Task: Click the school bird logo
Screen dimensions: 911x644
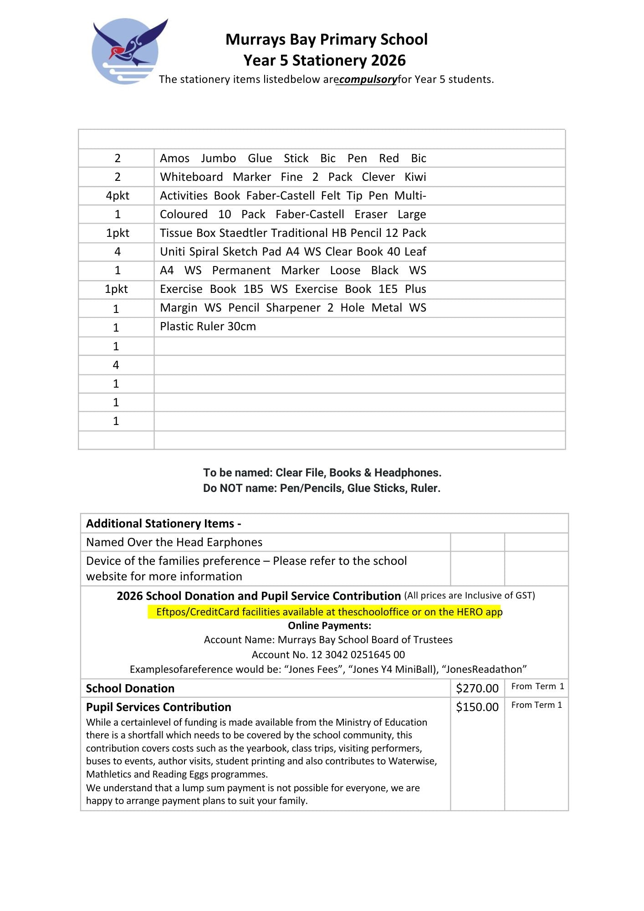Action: click(x=127, y=51)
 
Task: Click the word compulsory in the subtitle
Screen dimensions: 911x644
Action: click(x=368, y=80)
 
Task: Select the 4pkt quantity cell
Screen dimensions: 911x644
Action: click(x=118, y=196)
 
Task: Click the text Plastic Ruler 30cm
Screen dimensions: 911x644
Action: click(x=208, y=327)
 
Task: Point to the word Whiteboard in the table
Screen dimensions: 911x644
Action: click(x=191, y=177)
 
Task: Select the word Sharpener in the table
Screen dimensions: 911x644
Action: click(x=293, y=308)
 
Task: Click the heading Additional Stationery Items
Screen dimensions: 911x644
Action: click(x=164, y=524)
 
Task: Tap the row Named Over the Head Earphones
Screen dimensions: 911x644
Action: click(x=174, y=543)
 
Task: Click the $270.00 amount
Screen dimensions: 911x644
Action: click(x=477, y=688)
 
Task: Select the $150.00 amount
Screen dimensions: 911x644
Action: click(x=477, y=707)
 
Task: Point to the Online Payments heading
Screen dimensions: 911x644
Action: click(x=329, y=625)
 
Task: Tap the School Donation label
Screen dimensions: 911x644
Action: click(x=130, y=688)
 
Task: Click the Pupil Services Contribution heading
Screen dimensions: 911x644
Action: click(x=158, y=707)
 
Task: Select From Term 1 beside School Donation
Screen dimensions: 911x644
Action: click(x=537, y=686)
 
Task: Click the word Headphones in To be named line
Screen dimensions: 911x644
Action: click(x=407, y=473)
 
